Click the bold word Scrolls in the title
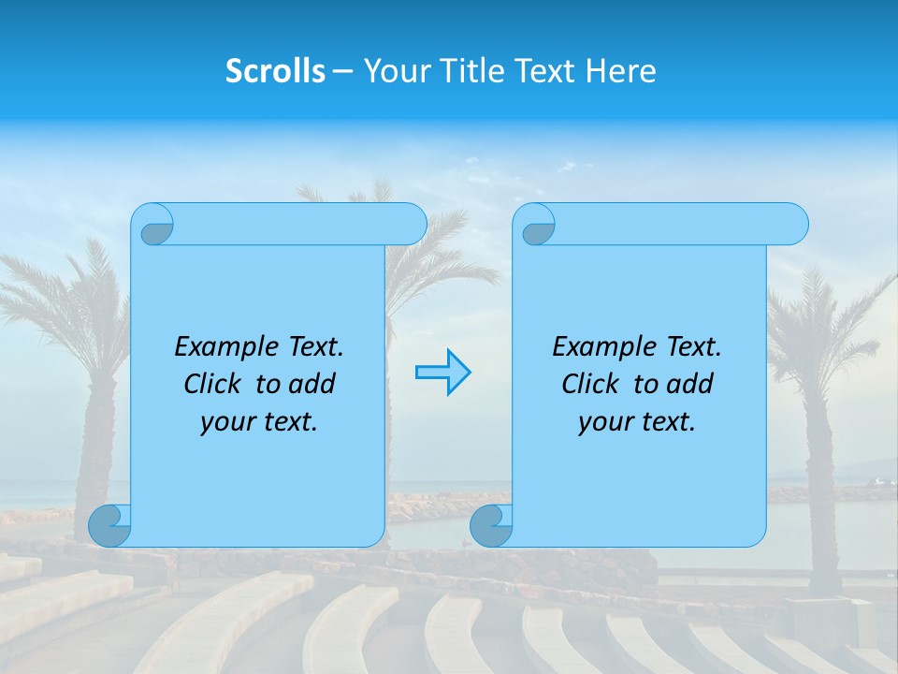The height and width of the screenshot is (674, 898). tap(275, 71)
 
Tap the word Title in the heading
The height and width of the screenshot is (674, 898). tap(467, 71)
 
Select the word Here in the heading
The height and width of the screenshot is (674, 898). tap(621, 71)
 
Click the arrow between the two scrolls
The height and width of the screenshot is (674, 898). tap(442, 373)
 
